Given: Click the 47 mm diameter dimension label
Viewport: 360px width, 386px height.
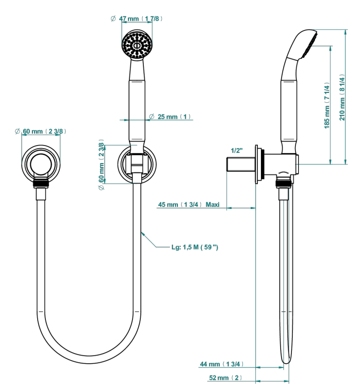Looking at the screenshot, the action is click(137, 19).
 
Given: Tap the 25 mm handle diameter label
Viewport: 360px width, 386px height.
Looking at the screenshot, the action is click(170, 117).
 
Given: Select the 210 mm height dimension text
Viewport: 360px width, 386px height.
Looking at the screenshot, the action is click(342, 97).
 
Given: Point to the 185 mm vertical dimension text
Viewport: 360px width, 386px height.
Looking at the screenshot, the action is click(326, 105).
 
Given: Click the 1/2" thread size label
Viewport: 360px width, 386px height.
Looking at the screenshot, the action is click(237, 150).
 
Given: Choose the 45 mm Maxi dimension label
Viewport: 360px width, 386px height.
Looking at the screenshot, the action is click(188, 204).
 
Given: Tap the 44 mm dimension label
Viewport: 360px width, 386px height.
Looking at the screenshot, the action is click(222, 364).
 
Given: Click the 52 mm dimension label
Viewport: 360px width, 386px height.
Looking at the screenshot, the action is click(225, 378).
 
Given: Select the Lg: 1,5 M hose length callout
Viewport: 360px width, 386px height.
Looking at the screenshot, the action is click(195, 247).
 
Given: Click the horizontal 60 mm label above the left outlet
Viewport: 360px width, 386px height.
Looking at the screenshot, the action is click(40, 131).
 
